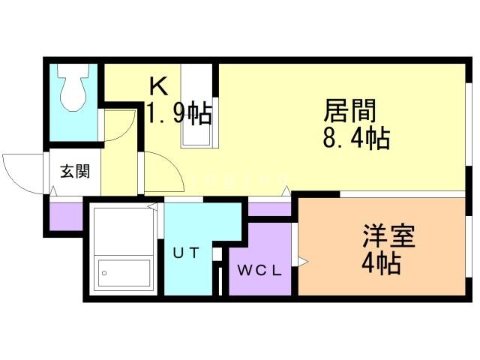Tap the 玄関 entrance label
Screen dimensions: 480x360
(x=75, y=172)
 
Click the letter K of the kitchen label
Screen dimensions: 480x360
(x=158, y=86)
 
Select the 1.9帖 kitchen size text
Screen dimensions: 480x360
(x=179, y=113)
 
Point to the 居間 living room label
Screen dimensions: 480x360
(x=349, y=110)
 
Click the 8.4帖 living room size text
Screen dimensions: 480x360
(x=356, y=138)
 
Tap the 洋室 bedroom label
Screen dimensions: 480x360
(x=388, y=235)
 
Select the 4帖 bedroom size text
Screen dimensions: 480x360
(x=381, y=262)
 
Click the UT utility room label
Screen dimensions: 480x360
(x=186, y=253)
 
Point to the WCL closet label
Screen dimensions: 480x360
(x=259, y=270)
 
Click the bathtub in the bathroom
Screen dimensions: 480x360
(x=124, y=273)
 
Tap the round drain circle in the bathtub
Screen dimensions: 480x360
(x=104, y=273)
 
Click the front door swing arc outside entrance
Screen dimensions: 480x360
(x=23, y=174)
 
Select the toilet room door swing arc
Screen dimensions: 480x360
(x=120, y=125)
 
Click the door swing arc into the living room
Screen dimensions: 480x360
(x=164, y=172)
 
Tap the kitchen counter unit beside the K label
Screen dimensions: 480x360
(x=196, y=106)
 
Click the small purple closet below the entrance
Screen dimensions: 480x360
(x=66, y=217)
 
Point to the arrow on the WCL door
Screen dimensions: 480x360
(x=302, y=262)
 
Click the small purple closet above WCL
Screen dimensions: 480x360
(x=269, y=209)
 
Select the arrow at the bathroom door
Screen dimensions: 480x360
(x=152, y=207)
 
